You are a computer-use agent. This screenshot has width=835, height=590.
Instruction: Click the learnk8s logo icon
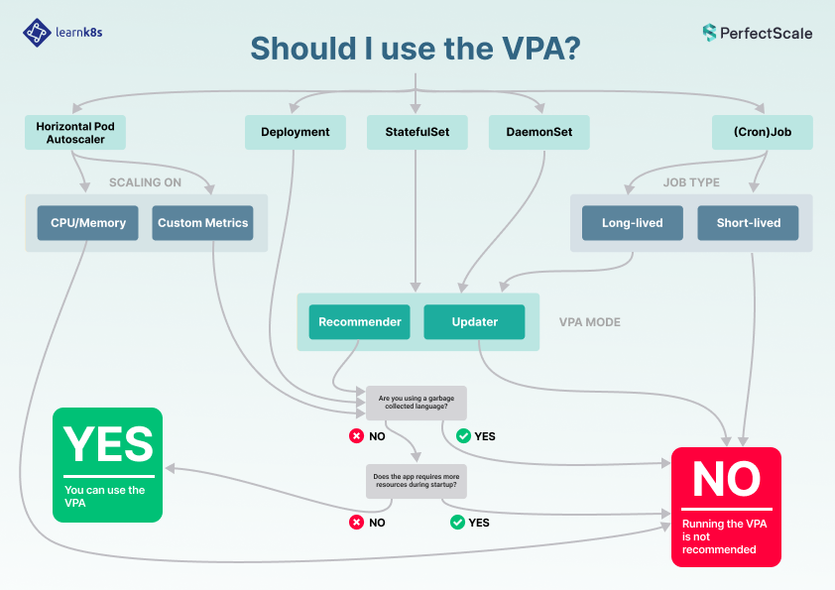(37, 32)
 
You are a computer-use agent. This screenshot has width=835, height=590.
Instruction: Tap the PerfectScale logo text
(767, 33)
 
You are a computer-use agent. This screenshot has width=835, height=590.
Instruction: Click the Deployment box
(296, 132)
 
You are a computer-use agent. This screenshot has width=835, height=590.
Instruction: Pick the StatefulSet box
(417, 132)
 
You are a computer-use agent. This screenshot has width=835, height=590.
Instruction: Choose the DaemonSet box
(538, 132)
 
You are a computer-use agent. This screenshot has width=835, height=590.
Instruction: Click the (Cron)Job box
(763, 132)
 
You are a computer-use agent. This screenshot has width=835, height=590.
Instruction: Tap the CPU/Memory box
(88, 223)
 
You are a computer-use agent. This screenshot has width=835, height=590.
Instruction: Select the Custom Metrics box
(203, 223)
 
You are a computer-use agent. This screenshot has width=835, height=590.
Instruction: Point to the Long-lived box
(633, 223)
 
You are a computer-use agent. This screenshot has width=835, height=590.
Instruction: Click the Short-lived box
(749, 223)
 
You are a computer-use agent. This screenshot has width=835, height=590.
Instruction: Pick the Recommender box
(360, 321)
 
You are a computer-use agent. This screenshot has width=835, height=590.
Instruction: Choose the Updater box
(475, 321)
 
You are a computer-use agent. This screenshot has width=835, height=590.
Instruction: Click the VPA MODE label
(590, 322)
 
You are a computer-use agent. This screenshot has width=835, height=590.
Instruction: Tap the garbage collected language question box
(417, 402)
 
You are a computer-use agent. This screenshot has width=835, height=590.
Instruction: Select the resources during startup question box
(417, 482)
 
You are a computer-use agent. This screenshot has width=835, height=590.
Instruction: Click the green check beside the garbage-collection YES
(463, 435)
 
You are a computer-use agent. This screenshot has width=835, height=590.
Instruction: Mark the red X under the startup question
(356, 522)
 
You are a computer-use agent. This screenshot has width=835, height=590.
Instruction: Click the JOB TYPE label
(691, 182)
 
